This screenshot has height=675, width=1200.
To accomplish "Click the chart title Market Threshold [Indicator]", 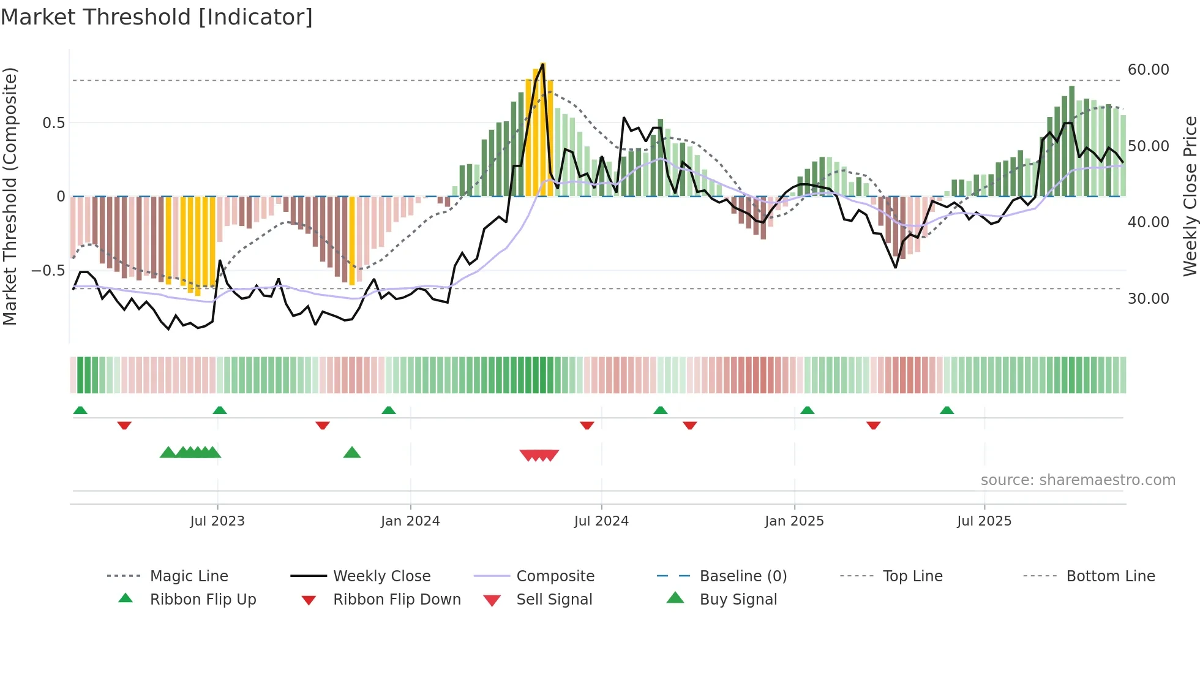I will [x=157, y=17].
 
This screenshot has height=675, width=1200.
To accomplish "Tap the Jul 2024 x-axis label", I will [x=601, y=521].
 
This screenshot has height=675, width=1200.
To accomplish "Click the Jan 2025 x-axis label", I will [x=794, y=521].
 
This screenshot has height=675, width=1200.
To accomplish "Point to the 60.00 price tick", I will [x=1148, y=70].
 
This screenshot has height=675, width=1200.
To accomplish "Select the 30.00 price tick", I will [x=1148, y=299].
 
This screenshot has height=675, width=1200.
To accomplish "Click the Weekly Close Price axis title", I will [x=1190, y=196].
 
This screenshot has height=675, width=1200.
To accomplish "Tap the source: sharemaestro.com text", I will [x=1078, y=480].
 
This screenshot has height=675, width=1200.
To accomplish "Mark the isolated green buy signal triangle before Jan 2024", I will [x=352, y=453].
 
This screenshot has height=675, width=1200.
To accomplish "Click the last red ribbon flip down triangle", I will [x=874, y=425].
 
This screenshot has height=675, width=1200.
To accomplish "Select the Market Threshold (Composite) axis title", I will [x=10, y=196].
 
